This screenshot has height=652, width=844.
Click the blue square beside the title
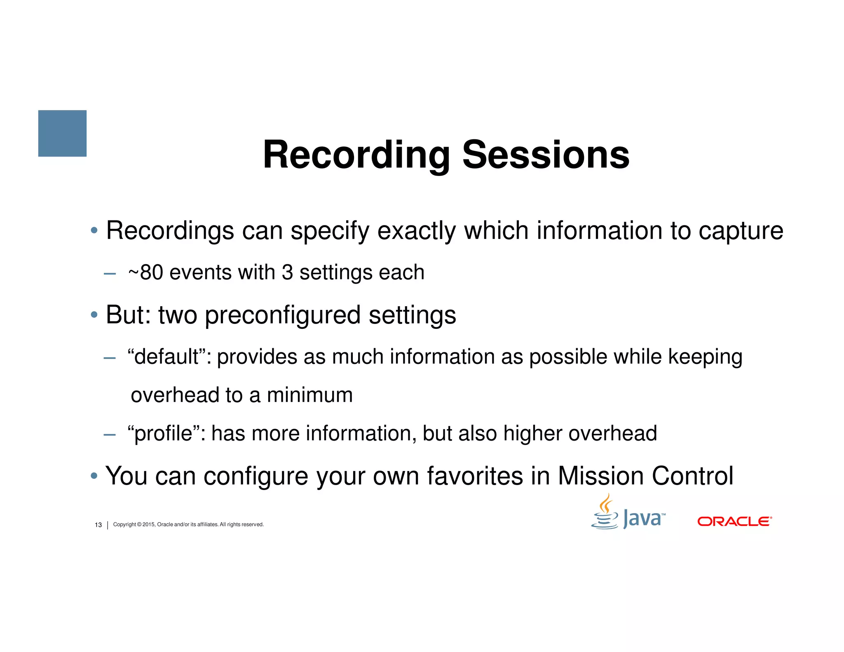pyautogui.click(x=62, y=133)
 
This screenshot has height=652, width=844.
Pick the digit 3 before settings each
pyautogui.click(x=287, y=272)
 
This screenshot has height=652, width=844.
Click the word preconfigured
pyautogui.click(x=283, y=316)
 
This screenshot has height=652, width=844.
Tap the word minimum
pyautogui.click(x=309, y=395)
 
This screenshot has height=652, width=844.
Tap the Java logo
pyautogui.click(x=628, y=514)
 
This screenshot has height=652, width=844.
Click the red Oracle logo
pyautogui.click(x=734, y=521)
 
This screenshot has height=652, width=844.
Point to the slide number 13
pyautogui.click(x=98, y=525)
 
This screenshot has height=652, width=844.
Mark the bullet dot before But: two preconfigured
pyautogui.click(x=94, y=315)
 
